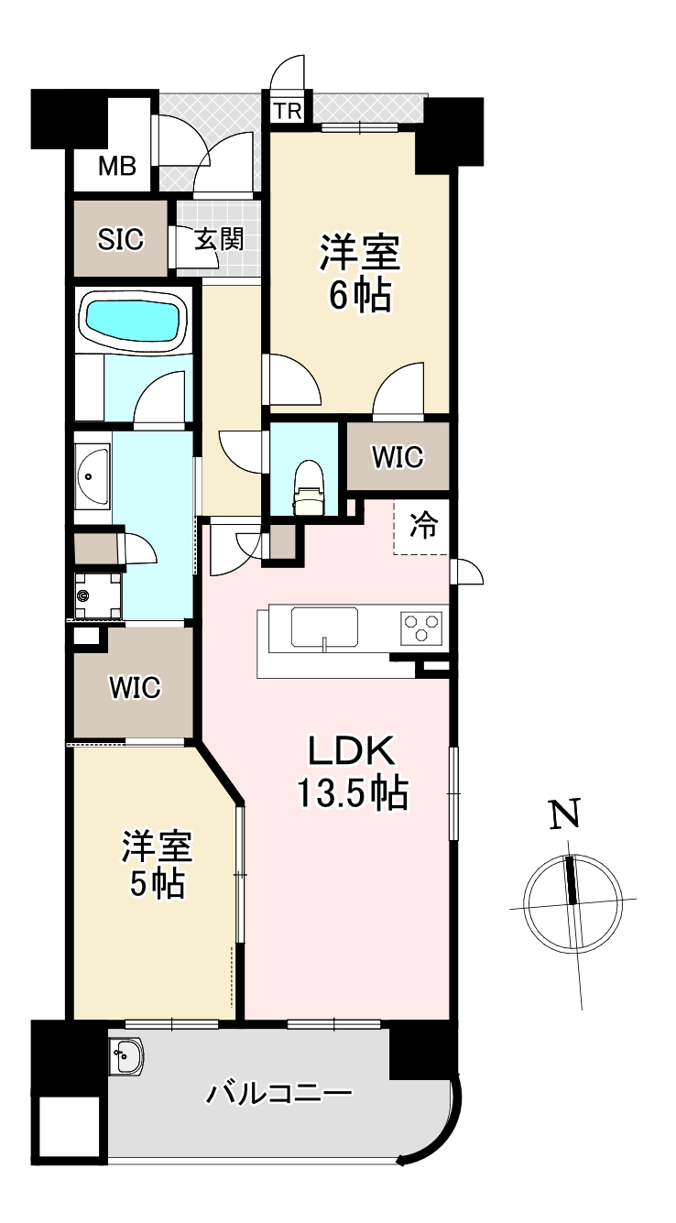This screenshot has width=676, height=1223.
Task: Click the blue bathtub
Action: (x=132, y=321)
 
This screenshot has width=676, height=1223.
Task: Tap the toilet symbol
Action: (x=309, y=487)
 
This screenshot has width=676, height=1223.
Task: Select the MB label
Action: (x=117, y=166)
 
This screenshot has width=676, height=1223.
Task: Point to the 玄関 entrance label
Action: (x=220, y=240)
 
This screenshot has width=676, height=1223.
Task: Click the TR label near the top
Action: (x=289, y=112)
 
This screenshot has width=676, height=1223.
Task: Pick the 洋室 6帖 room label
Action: (x=360, y=274)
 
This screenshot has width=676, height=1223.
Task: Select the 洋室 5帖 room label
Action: (x=158, y=866)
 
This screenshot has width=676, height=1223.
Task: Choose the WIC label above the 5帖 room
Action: (x=135, y=687)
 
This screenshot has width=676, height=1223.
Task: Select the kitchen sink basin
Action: (x=325, y=627)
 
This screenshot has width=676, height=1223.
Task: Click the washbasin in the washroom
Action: (x=93, y=475)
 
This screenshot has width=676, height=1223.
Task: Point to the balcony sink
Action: (x=126, y=1055)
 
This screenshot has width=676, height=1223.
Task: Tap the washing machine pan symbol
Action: (x=98, y=595)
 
